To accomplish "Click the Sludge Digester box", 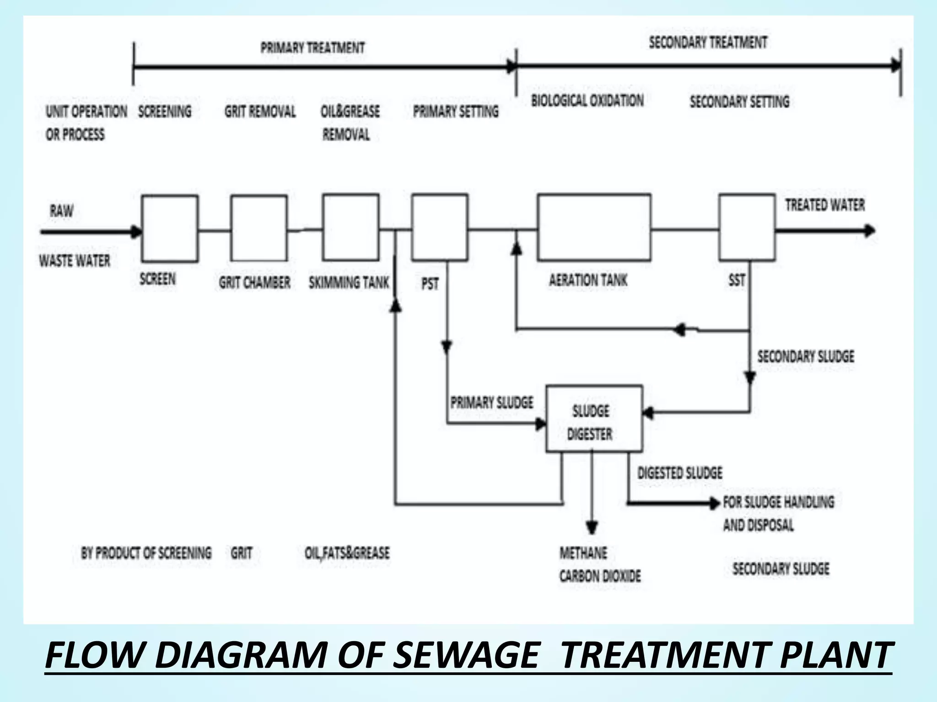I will point(594,419).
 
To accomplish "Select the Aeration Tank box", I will point(594,227).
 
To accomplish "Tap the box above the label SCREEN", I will point(170,229).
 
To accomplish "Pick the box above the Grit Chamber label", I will point(259,228).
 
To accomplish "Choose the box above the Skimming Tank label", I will point(350,227).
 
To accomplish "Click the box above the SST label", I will point(747,227).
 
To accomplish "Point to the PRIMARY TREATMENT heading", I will point(312,48).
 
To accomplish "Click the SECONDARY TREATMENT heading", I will point(708,43).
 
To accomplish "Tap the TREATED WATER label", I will point(825,205).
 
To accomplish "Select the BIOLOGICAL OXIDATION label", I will point(587,101).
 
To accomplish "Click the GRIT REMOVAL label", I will point(260,112).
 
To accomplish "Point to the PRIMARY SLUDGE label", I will point(492,403).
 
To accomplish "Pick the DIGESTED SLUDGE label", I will point(680,473).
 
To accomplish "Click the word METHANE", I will point(583,553).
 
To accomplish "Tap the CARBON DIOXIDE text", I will point(600,576).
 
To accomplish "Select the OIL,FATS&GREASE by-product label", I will point(347,553).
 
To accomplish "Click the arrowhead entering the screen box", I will point(136,232).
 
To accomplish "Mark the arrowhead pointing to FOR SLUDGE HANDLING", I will point(714,503).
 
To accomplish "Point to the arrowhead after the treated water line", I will point(869,231).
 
